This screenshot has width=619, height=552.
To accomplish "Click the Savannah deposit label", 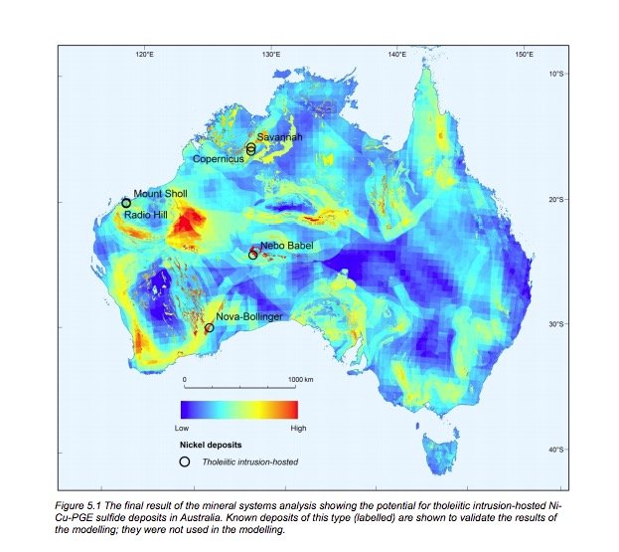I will point(279,136).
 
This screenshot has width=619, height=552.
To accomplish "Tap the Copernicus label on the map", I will point(221,158).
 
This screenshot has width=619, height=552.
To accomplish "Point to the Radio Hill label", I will point(147,213).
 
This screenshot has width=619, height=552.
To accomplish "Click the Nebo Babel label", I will point(286,246).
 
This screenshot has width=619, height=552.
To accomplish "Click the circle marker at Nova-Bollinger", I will point(210,327).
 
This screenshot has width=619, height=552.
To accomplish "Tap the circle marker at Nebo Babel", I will point(253,255).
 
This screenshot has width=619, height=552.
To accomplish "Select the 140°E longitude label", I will point(397,54).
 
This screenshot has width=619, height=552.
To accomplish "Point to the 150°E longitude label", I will point(524,54).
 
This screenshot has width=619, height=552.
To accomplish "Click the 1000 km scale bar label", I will point(301,380).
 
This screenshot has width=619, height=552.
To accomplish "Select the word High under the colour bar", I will point(297,427).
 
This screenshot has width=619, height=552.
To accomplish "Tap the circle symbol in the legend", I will point(185,461).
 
